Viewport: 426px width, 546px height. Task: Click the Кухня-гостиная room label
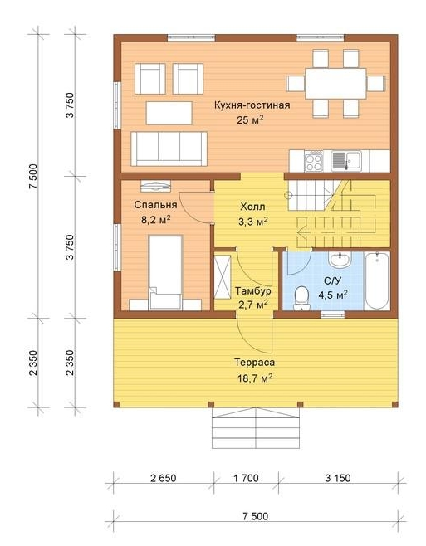pos(252,105)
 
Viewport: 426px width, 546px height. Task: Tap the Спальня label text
pos(155,205)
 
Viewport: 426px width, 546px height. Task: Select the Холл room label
pos(252,207)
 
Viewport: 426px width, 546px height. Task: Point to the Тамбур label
pos(252,290)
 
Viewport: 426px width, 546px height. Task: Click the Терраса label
pos(254,363)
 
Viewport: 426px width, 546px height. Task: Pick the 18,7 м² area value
pos(255,378)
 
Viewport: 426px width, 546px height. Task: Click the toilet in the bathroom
pos(301,299)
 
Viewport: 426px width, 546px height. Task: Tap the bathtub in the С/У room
pos(376,281)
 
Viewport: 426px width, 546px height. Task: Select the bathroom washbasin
pos(340,260)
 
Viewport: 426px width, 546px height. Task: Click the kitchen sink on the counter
pos(345,161)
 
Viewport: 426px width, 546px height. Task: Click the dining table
pos(335,84)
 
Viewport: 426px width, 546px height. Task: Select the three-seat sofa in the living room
pos(169,149)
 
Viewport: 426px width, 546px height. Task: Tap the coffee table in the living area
pos(169,113)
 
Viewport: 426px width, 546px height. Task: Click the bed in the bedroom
pos(165,272)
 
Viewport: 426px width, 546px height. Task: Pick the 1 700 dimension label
pos(246,478)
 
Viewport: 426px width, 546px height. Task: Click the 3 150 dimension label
pos(338,478)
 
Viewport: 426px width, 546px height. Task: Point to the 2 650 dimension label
pos(163,478)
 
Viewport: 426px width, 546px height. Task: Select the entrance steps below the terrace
pos(256,427)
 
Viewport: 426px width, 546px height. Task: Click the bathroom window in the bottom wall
pos(332,314)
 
